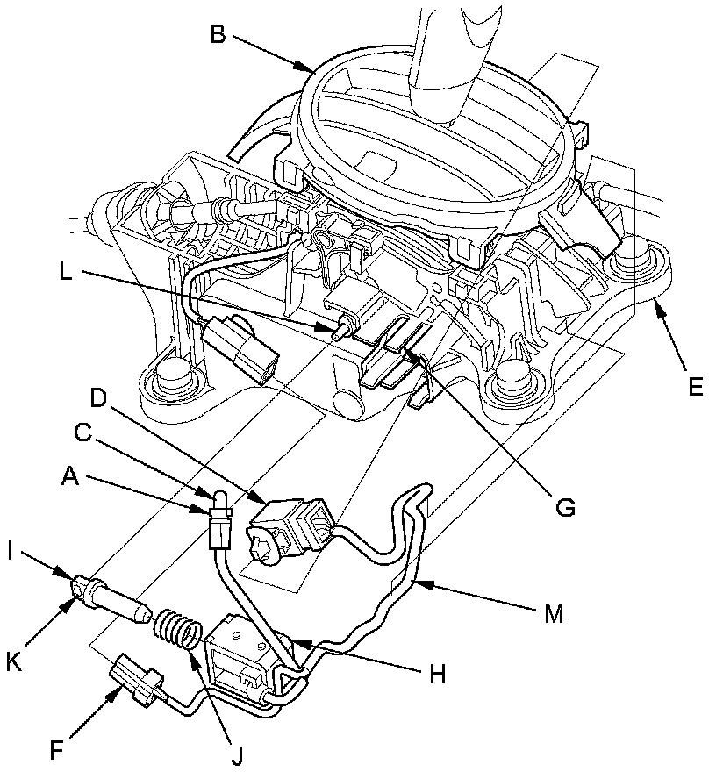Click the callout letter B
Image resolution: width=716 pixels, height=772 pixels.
pyautogui.click(x=218, y=36)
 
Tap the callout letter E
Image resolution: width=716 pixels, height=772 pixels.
pyautogui.click(x=695, y=387)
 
